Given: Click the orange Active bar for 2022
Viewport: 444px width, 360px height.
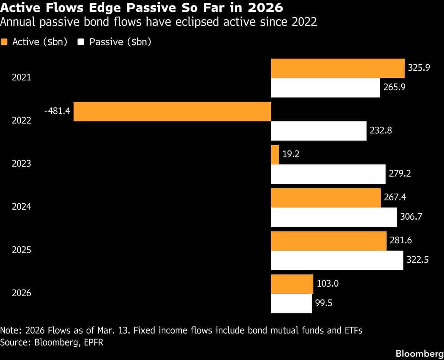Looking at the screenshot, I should [172, 111].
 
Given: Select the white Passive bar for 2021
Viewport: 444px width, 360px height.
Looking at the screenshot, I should [325, 88].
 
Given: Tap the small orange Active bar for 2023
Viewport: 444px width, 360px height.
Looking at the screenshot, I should [275, 154].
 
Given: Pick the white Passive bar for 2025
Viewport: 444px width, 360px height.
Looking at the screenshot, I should [337, 260].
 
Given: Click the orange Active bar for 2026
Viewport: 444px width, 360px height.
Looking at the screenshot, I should [292, 284].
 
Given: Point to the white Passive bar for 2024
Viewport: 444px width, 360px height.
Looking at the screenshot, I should [334, 217].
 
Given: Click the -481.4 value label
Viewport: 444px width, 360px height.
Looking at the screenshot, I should [57, 110].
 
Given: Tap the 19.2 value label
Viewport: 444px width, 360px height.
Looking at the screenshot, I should [291, 154].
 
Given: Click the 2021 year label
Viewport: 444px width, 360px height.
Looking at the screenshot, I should [21, 78].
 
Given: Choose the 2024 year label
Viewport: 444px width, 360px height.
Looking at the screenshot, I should [21, 207].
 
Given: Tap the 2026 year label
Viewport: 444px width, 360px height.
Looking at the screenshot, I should [21, 293].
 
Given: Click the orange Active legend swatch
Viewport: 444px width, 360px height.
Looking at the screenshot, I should [4, 42].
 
